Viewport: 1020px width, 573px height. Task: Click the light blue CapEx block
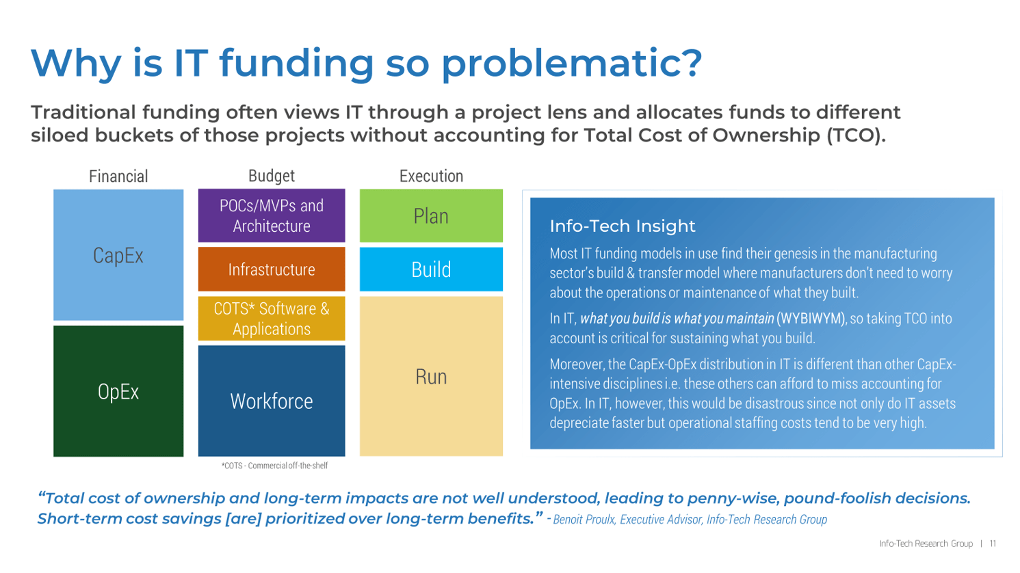point(118,255)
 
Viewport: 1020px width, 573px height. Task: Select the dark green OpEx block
point(118,391)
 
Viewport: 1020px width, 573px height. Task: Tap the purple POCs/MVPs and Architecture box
point(272,215)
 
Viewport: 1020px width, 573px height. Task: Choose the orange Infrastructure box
point(272,269)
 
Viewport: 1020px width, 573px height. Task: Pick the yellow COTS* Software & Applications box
point(272,319)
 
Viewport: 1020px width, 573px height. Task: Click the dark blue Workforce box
point(272,401)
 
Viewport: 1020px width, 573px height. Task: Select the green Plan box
point(431,216)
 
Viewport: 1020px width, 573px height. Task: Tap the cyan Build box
point(431,269)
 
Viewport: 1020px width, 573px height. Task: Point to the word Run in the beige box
point(431,377)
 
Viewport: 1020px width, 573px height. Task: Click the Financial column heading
point(118,176)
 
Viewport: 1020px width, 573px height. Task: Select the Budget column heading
point(272,176)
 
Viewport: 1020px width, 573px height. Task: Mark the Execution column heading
point(431,176)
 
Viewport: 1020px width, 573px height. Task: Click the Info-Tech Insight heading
point(622,226)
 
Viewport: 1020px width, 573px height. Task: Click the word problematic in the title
point(571,62)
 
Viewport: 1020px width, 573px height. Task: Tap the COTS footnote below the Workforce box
point(274,466)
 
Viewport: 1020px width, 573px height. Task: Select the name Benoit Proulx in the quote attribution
point(584,520)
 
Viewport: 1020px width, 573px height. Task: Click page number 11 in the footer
point(993,544)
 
